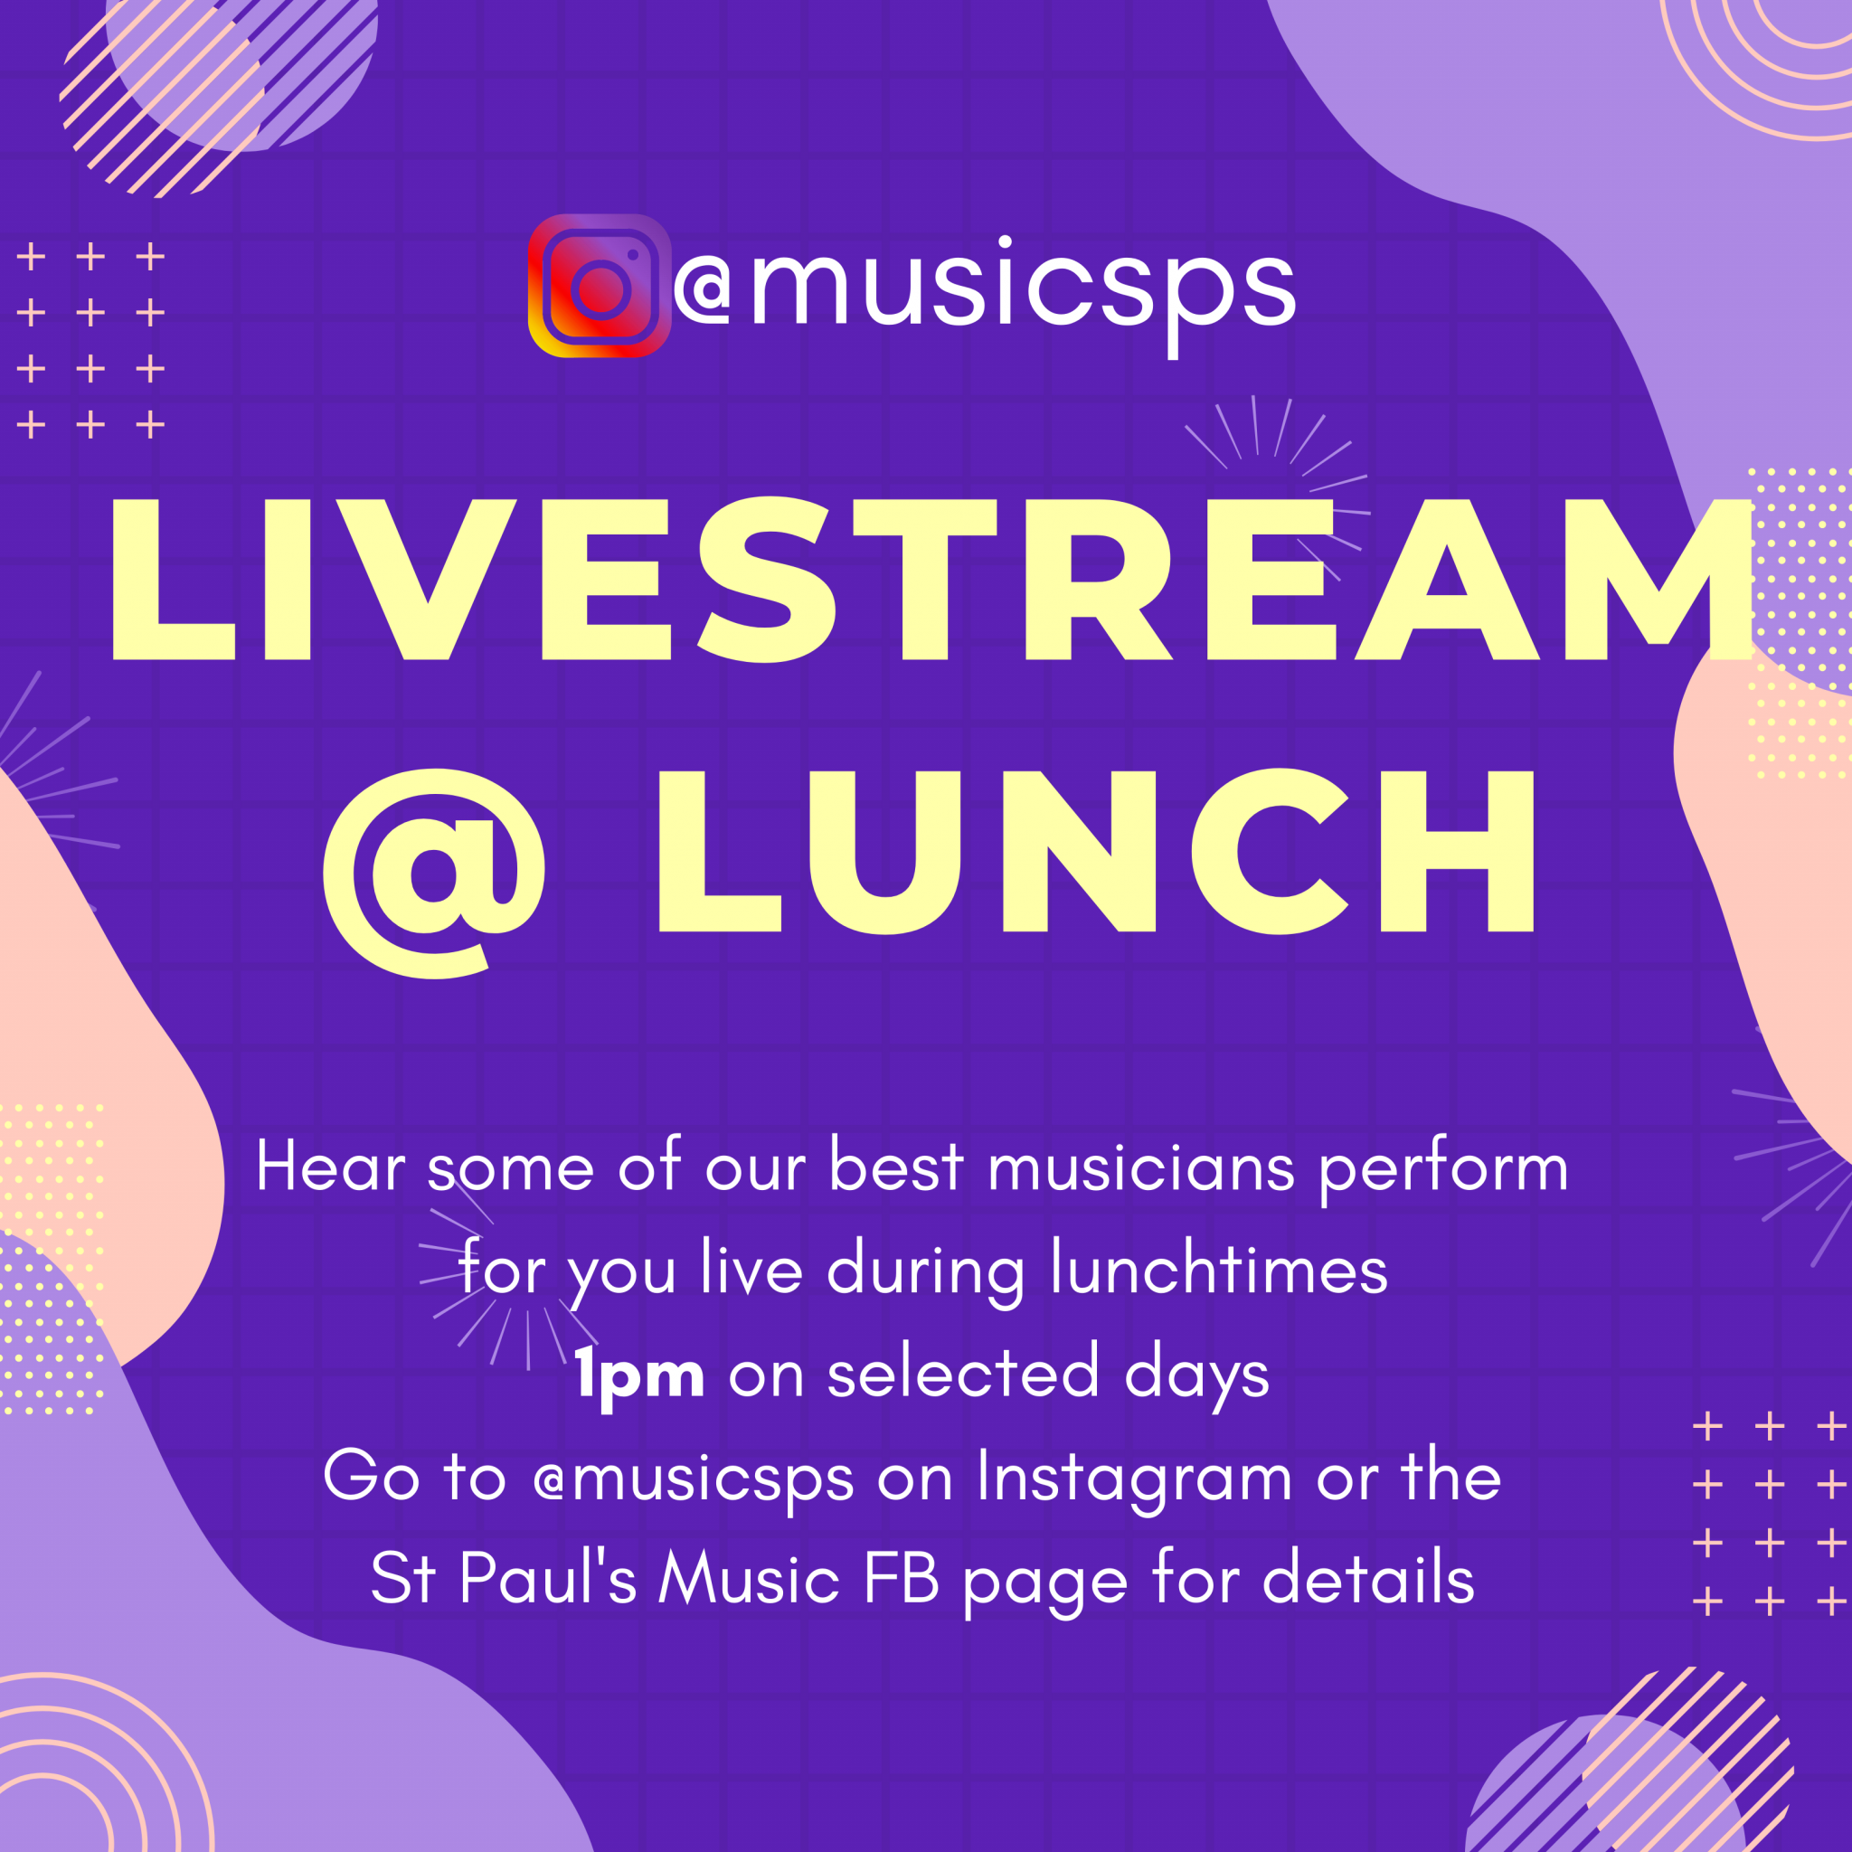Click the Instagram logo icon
tap(600, 286)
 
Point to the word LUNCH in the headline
tap(1097, 851)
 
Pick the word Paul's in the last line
tap(547, 1577)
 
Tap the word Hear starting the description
tap(331, 1167)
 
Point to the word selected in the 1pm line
tap(962, 1374)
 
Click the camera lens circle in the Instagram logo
tap(600, 288)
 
